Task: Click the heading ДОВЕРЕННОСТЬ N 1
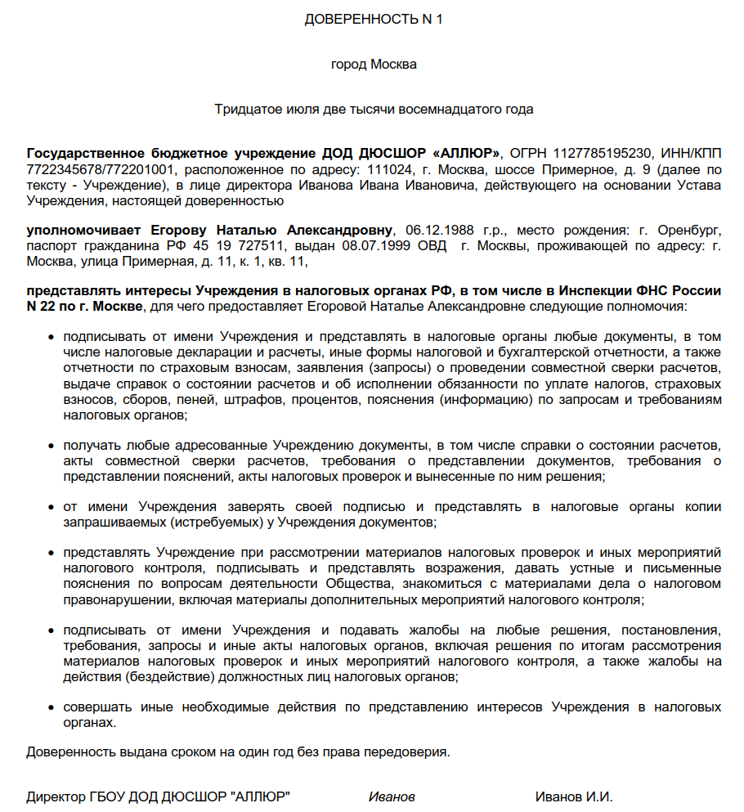tap(373, 20)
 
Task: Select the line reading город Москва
tap(373, 64)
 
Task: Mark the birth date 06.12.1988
tap(434, 229)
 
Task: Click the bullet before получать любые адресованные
tap(51, 446)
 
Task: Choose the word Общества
tap(359, 584)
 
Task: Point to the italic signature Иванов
tap(392, 796)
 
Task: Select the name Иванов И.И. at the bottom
tap(574, 796)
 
